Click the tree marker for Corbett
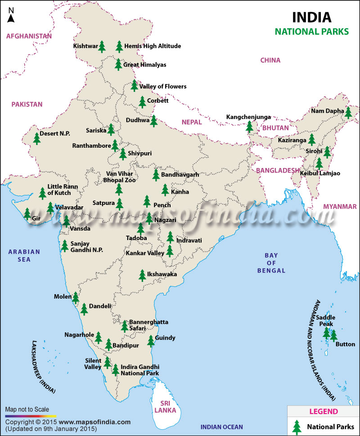142,102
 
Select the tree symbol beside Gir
27,213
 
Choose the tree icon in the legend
297,426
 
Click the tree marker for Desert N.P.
37,138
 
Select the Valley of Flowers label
162,86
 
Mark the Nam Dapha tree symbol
348,112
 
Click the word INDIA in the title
311,18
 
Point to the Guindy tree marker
151,341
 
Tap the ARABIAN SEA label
24,256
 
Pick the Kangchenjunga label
248,117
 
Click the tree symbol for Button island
333,336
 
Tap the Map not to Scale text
27,409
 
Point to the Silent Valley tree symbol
107,362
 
